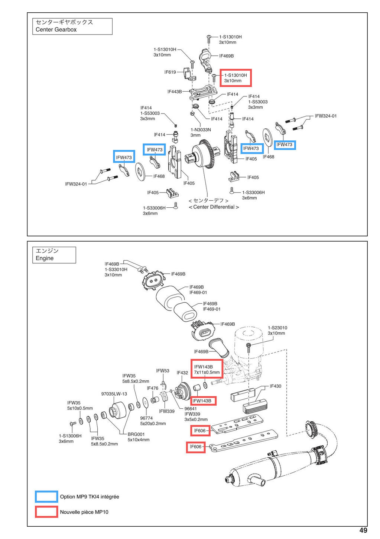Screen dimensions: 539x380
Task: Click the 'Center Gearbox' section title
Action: [x=56, y=29]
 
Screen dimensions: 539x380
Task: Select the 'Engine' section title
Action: [x=45, y=258]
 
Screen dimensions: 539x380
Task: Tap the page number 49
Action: [x=363, y=530]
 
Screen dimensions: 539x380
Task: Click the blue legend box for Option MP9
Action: [x=46, y=497]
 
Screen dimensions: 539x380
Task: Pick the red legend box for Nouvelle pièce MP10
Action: [x=46, y=512]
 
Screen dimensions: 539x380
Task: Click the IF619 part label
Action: [x=170, y=72]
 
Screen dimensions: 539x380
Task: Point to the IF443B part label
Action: [x=175, y=92]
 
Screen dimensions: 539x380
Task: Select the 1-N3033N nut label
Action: [x=201, y=130]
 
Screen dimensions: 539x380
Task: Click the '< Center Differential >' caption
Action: [x=214, y=207]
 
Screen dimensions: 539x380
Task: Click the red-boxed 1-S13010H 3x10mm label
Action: [x=236, y=78]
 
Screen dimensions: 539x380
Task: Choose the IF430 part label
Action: [x=275, y=386]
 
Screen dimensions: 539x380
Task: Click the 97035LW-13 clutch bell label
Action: [x=114, y=394]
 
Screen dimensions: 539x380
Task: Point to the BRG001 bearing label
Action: [x=136, y=434]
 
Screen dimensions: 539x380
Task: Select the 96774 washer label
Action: [x=146, y=418]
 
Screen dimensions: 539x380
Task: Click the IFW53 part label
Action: [x=163, y=371]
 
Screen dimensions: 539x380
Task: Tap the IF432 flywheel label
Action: [x=182, y=373]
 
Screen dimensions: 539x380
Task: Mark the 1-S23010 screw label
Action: [x=277, y=328]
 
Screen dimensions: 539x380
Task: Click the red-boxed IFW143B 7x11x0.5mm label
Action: [x=207, y=369]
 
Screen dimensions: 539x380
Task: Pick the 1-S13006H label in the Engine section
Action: [x=70, y=436]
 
